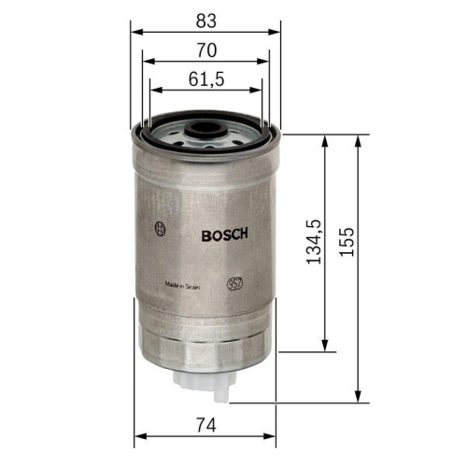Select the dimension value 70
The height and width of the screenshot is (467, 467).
pos(206,48)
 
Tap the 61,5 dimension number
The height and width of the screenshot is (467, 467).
pos(207,79)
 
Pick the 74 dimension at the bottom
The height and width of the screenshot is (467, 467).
pos(206,425)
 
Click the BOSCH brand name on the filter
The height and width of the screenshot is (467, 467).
pos(224,236)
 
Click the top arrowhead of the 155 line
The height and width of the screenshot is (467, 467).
pos(359,138)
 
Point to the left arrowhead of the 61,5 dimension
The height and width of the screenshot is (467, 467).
pos(152,91)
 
